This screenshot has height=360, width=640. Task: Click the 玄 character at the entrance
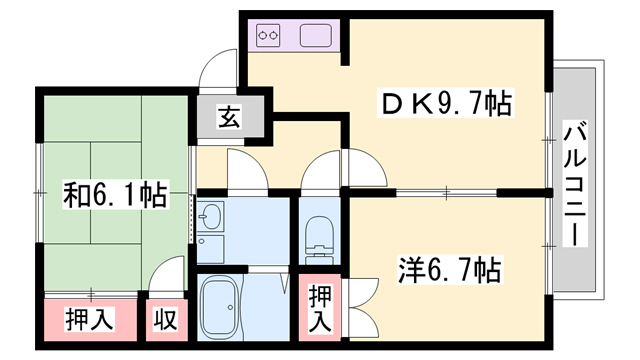pos(229,118)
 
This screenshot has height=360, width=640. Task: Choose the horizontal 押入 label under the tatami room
pos(91,322)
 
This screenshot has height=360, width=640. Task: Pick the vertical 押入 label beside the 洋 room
pos(318,310)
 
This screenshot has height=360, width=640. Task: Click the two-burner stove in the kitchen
pos(268,37)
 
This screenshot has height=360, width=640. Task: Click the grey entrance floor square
pos(229,118)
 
